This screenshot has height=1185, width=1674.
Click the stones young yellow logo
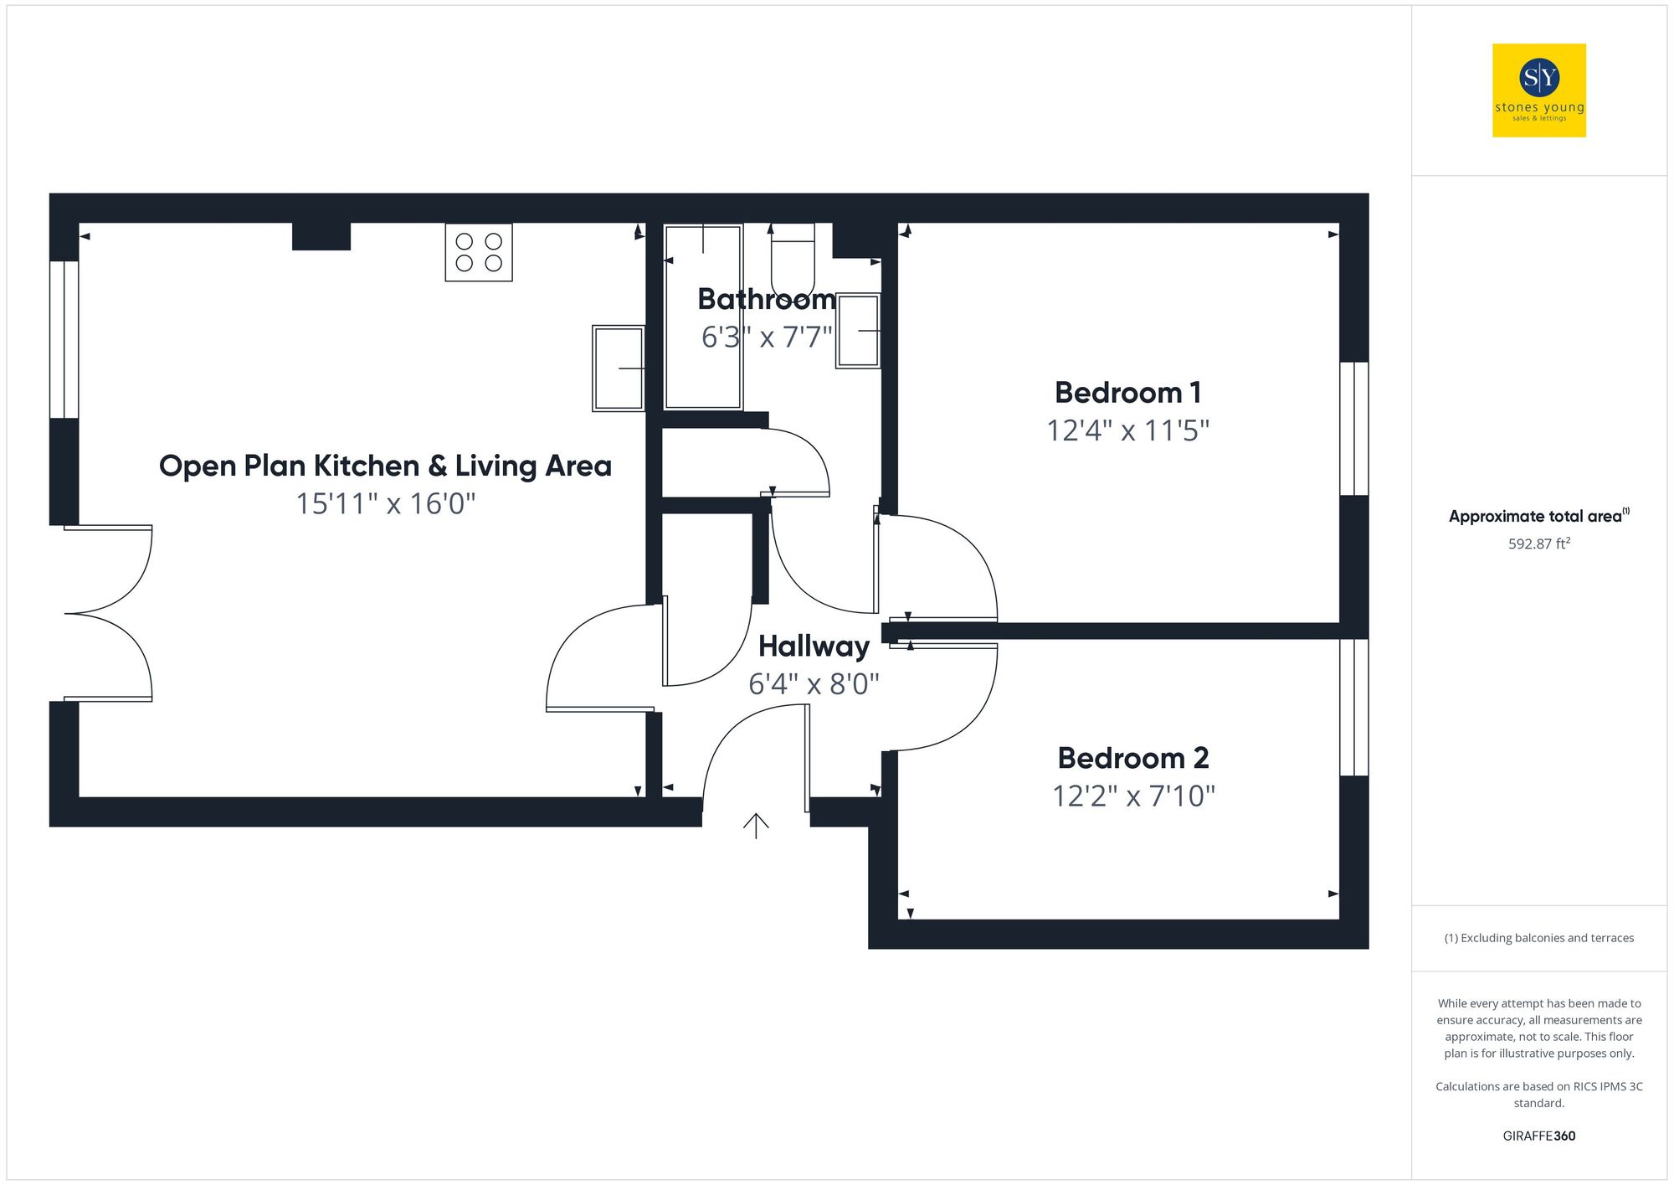(1538, 90)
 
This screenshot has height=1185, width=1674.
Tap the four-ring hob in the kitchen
(479, 252)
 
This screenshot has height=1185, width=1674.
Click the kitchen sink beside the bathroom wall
(619, 368)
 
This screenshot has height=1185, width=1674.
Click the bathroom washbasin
(858, 331)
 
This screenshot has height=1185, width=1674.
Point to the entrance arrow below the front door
(756, 825)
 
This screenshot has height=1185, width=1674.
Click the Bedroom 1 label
(1127, 393)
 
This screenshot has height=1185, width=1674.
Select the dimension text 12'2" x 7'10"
(1133, 796)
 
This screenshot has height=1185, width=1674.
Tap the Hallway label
(814, 647)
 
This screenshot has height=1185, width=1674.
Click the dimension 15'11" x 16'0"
(385, 504)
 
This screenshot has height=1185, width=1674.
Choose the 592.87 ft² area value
(1538, 544)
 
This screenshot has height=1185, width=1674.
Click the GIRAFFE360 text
(1538, 1136)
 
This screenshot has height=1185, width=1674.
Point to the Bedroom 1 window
(1353, 429)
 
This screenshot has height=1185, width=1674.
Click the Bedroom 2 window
(1353, 708)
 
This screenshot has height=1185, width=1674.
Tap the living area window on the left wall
(64, 339)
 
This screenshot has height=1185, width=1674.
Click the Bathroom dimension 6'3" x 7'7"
(767, 337)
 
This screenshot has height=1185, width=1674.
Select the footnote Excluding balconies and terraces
(1538, 938)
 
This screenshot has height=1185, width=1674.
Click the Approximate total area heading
(1537, 516)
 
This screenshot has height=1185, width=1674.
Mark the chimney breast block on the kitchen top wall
(321, 236)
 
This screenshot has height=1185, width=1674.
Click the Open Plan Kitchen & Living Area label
(385, 466)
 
